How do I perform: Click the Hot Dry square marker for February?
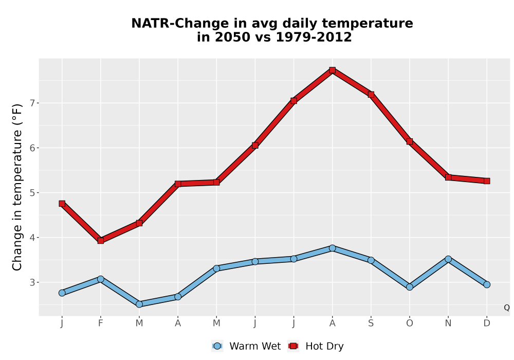tap(101, 241)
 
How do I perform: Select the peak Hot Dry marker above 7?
tap(333, 70)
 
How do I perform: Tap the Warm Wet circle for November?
tap(448, 259)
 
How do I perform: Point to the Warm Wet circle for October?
tap(410, 287)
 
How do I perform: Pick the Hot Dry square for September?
tap(371, 95)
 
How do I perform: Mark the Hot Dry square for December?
tap(487, 181)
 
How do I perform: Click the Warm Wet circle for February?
tap(101, 279)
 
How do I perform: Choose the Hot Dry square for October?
tap(410, 141)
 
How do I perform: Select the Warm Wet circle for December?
tap(487, 284)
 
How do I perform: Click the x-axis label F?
tap(101, 323)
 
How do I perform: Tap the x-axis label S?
tap(371, 323)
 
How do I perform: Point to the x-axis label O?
tap(410, 323)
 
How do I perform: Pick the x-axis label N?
tap(448, 323)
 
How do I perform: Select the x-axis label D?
tap(487, 323)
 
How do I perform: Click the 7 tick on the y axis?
tap(32, 103)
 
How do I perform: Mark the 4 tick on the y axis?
tap(32, 238)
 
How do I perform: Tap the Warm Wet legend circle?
tap(217, 346)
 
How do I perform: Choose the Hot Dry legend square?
tap(293, 346)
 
